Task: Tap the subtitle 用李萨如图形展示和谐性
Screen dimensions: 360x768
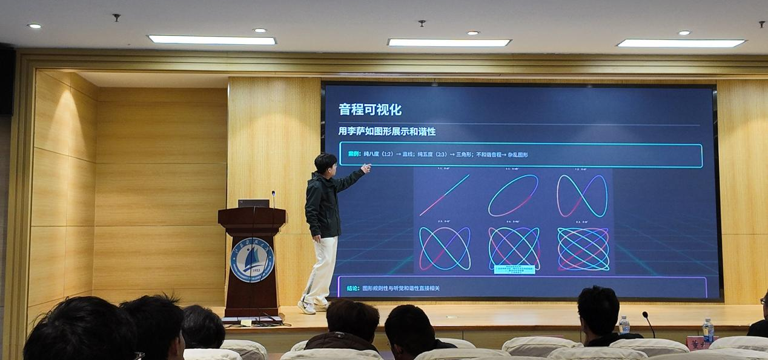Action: [387, 131]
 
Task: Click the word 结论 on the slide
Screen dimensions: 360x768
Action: [353, 288]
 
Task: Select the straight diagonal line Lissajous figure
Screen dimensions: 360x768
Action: [444, 195]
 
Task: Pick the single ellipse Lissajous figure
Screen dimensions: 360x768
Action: [513, 195]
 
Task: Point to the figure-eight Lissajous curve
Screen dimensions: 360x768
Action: [581, 195]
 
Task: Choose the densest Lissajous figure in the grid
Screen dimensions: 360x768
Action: [583, 248]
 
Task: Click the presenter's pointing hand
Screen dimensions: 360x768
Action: [366, 168]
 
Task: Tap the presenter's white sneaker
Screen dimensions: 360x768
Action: [306, 307]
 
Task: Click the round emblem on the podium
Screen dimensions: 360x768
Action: [252, 259]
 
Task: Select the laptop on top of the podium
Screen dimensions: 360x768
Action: [254, 203]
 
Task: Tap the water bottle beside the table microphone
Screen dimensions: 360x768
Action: [624, 325]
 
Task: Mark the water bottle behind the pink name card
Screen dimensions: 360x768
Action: [707, 330]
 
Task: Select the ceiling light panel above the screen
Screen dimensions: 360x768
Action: [449, 42]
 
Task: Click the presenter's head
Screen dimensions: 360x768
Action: [325, 162]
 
